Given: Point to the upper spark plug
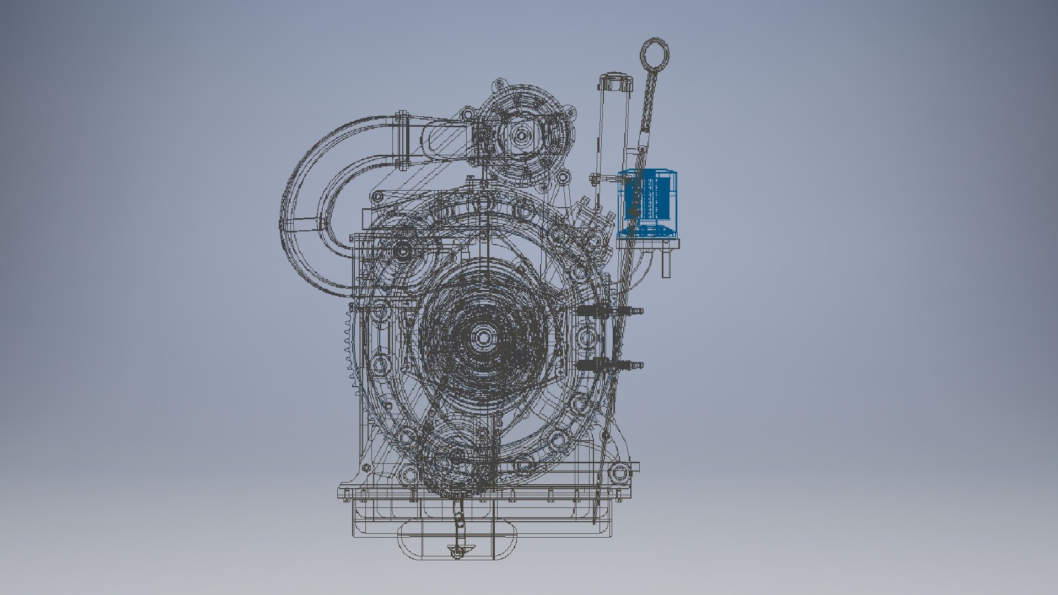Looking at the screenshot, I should [609, 311].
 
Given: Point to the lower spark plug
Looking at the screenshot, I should [609, 364].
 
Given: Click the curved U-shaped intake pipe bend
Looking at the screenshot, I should [309, 220].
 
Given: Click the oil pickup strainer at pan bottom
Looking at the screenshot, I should [457, 551].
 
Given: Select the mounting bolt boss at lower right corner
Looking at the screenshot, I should [621, 472].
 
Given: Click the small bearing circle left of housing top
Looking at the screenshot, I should [402, 252].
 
